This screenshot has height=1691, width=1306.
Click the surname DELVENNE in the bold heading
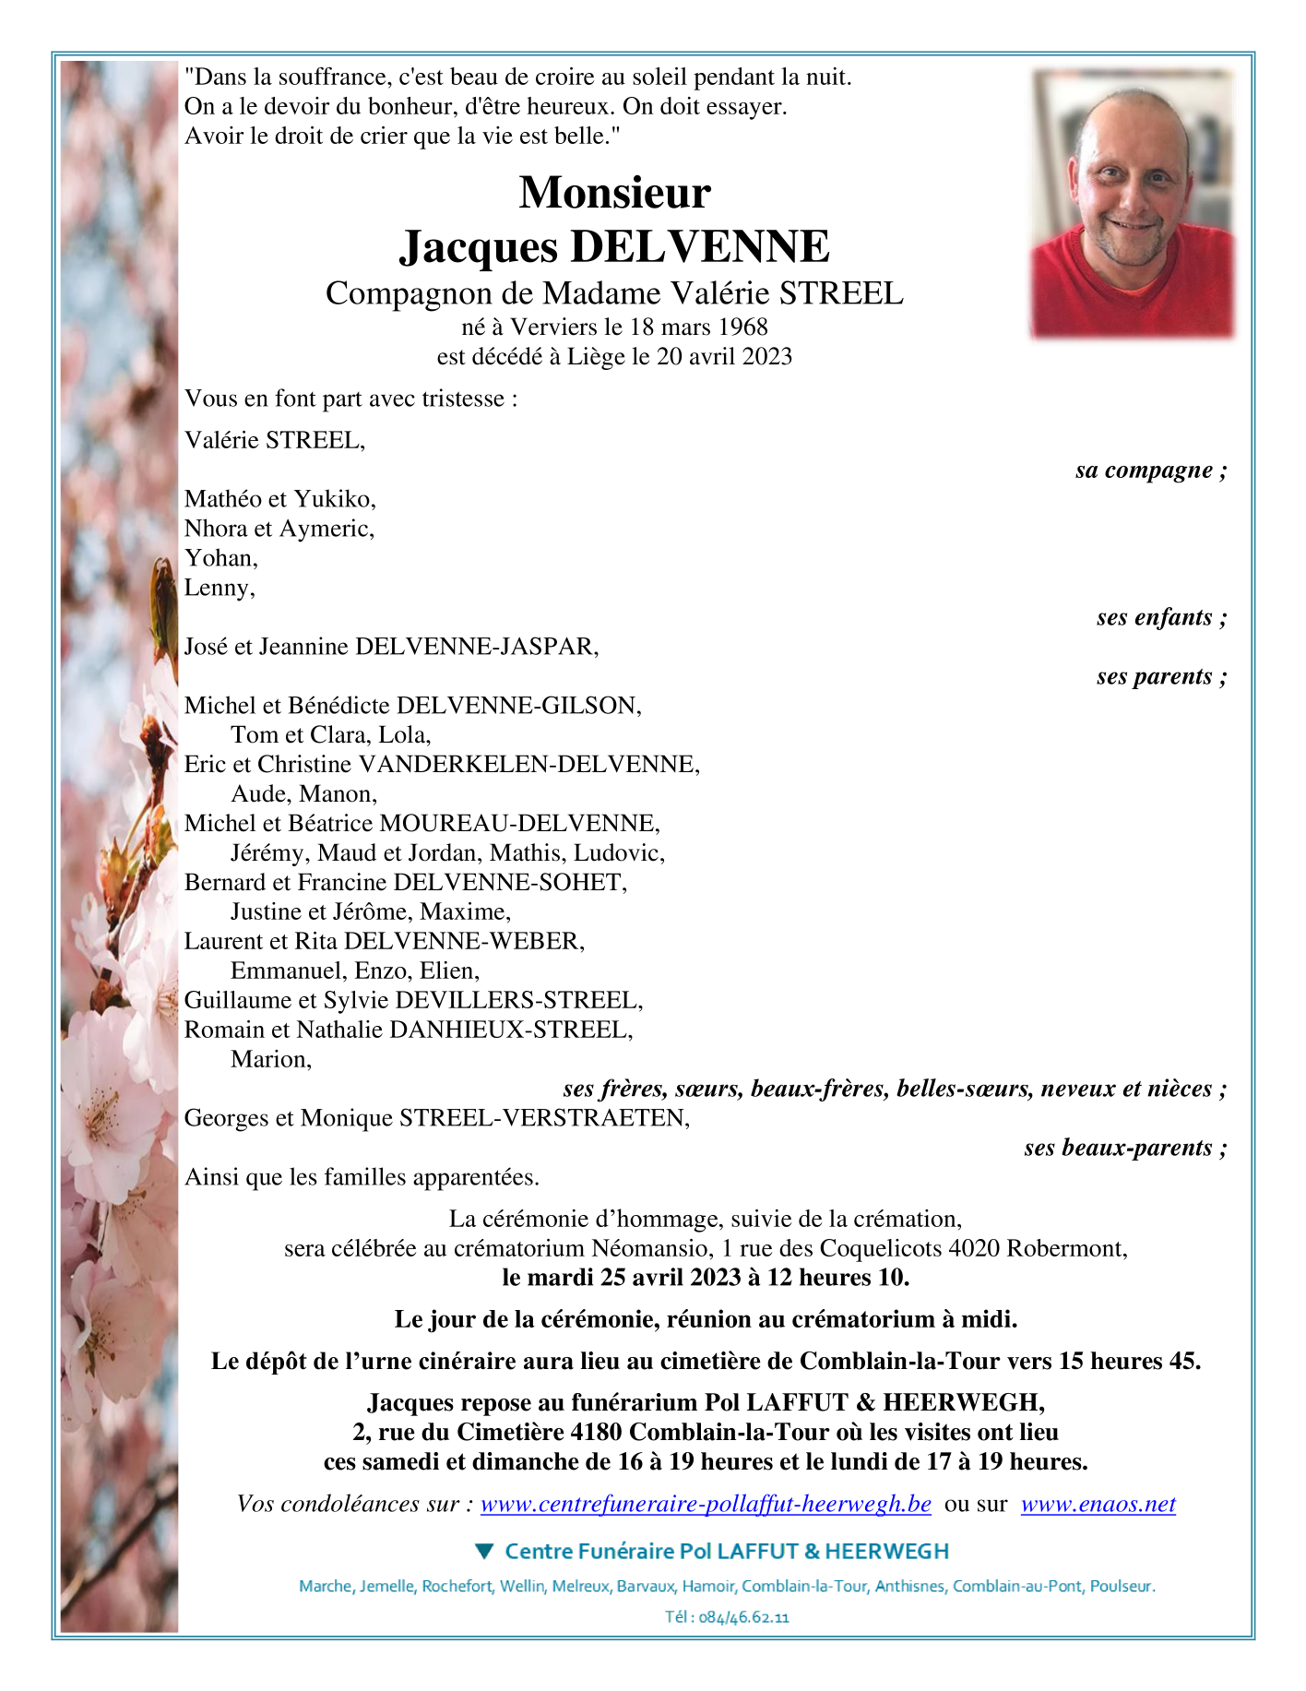[x=700, y=247]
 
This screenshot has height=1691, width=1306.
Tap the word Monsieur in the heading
[x=615, y=193]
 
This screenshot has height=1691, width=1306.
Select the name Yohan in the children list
[x=220, y=558]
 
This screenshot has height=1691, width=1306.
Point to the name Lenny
[x=219, y=588]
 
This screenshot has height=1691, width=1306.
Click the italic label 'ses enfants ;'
[x=1161, y=617]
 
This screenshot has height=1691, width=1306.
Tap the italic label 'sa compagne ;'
[x=1150, y=470]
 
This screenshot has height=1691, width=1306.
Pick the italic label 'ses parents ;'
[x=1161, y=676]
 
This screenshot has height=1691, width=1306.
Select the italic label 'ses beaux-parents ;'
[x=1125, y=1148]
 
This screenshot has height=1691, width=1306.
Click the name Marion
[x=269, y=1059]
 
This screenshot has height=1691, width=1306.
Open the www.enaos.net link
[x=1098, y=1504]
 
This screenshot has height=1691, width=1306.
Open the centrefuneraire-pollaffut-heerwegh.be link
[x=706, y=1504]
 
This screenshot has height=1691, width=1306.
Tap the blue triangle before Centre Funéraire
[x=485, y=1551]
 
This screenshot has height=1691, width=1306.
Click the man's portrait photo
[x=1133, y=203]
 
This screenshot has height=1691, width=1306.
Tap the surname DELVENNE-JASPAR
[x=476, y=647]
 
